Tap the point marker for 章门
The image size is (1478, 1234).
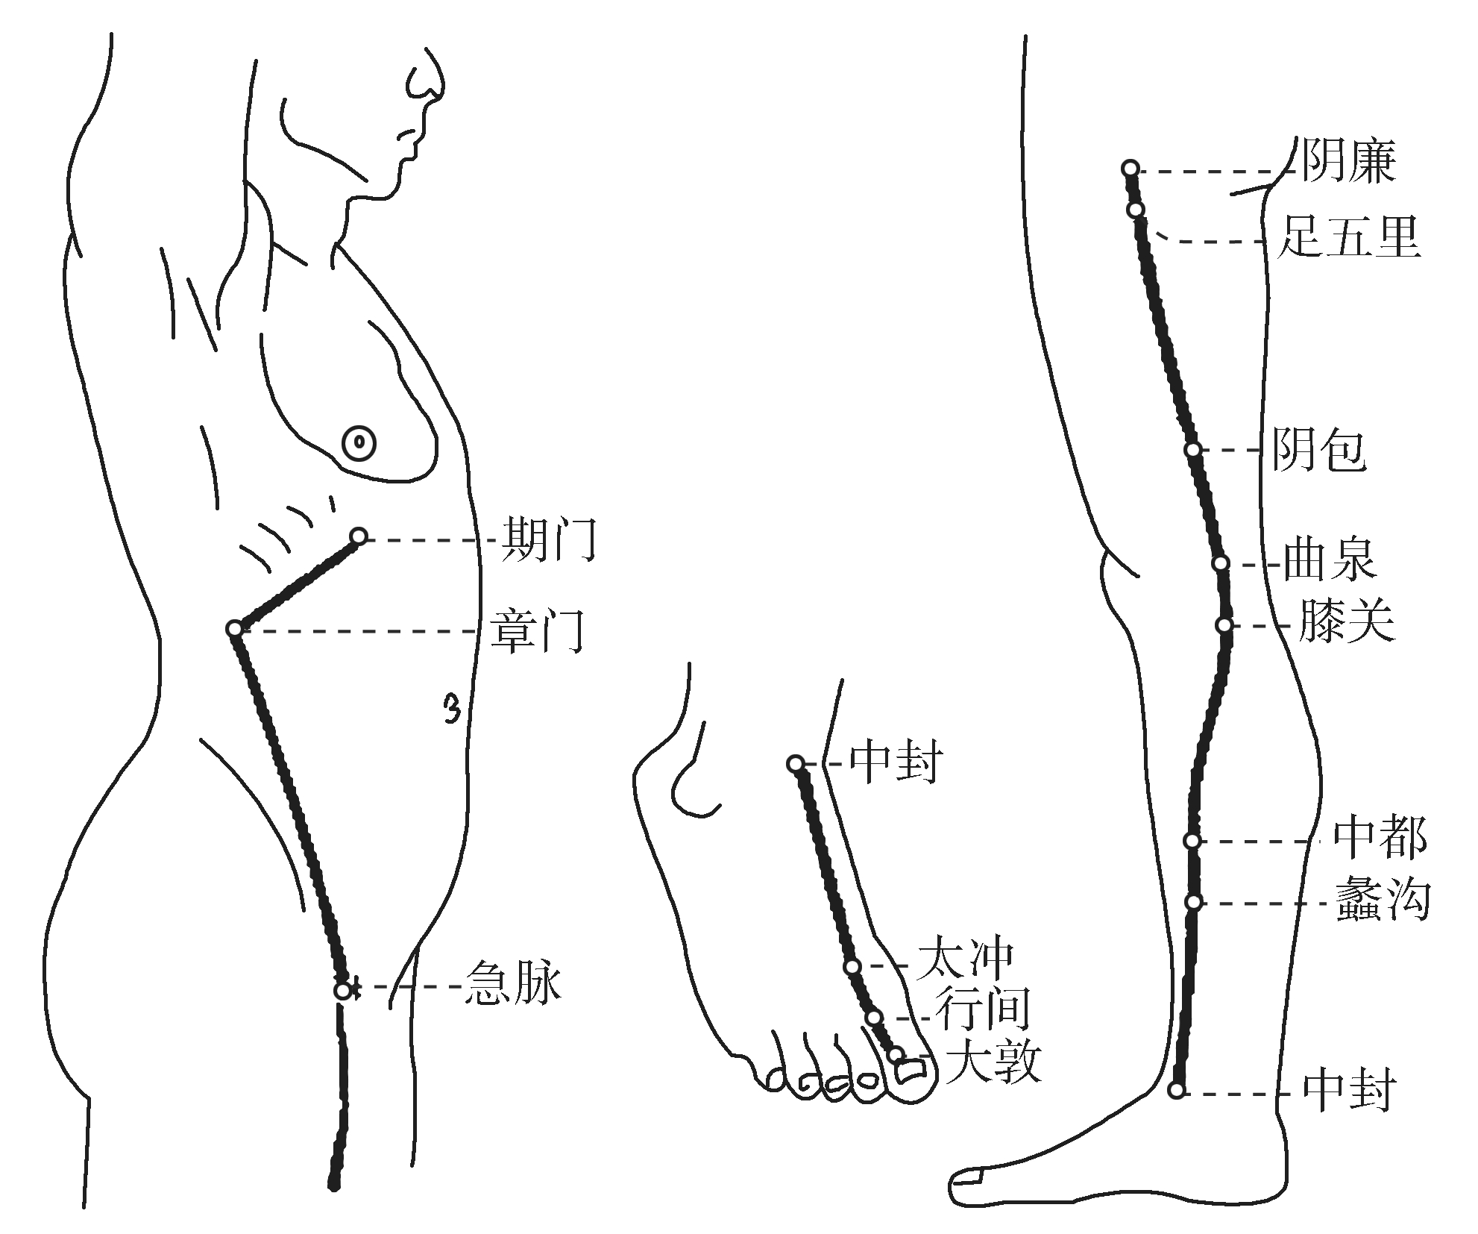[235, 629]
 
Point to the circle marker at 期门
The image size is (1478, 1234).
[359, 536]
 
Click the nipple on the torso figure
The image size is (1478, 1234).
[359, 444]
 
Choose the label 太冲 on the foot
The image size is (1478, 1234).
[966, 959]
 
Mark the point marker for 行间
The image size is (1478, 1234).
[874, 1018]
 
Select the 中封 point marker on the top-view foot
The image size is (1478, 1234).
[796, 763]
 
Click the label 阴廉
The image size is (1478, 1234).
[1348, 161]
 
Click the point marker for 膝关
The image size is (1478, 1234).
[1224, 625]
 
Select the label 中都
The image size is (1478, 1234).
[1380, 837]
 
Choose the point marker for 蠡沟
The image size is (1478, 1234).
[1193, 902]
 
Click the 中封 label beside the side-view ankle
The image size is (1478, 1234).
[1349, 1091]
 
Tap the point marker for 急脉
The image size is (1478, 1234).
[342, 991]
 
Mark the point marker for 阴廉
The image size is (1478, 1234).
[1130, 168]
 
